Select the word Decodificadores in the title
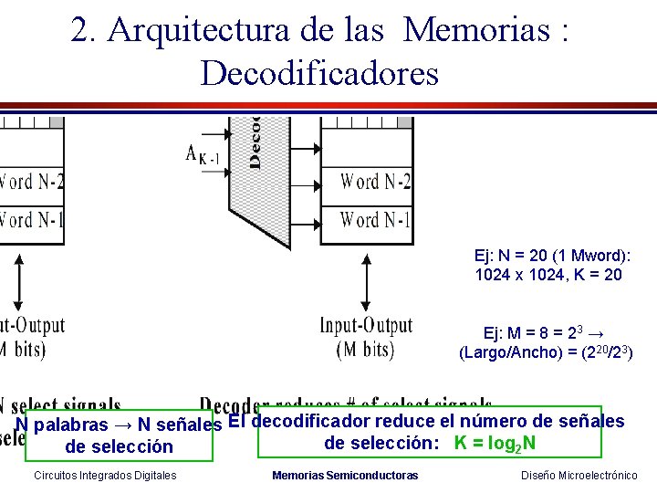click(319, 72)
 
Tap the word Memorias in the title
click(476, 30)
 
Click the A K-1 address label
click(203, 154)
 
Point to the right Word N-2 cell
click(374, 181)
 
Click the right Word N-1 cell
click(374, 219)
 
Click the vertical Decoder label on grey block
click(255, 142)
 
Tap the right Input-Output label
click(366, 326)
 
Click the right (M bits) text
click(365, 349)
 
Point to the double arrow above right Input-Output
click(366, 282)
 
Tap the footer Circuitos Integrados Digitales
click(105, 476)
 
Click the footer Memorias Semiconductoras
click(345, 476)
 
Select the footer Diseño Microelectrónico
click(579, 476)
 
